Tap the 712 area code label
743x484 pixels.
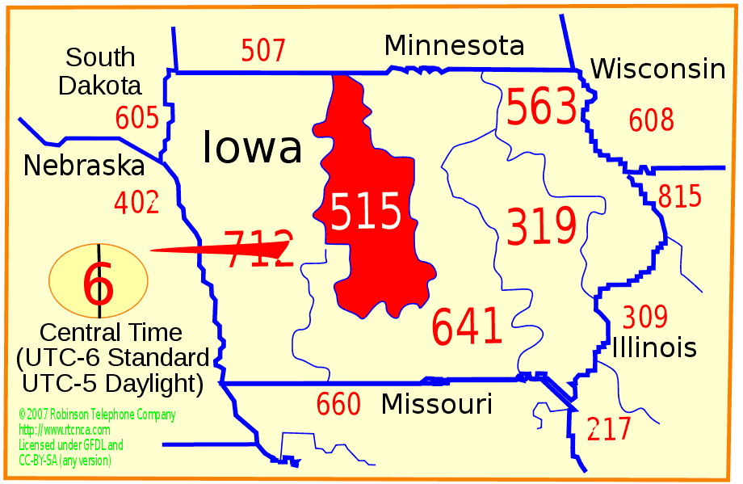pyautogui.click(x=258, y=247)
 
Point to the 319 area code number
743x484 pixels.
pyautogui.click(x=541, y=226)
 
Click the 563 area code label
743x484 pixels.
pyautogui.click(x=542, y=107)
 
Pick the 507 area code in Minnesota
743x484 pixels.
pyautogui.click(x=263, y=51)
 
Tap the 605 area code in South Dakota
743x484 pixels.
pyautogui.click(x=136, y=118)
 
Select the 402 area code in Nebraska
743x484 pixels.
pyautogui.click(x=136, y=202)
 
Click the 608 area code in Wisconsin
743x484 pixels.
pyautogui.click(x=651, y=120)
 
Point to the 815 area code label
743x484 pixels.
pyautogui.click(x=679, y=197)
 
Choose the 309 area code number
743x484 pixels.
pyautogui.click(x=644, y=316)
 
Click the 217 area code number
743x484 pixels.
pyautogui.click(x=609, y=429)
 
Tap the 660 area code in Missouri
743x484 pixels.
pyautogui.click(x=338, y=404)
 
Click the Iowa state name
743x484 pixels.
pyautogui.click(x=252, y=148)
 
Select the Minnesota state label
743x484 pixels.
pyautogui.click(x=454, y=45)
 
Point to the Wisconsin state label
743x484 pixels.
pyautogui.click(x=657, y=69)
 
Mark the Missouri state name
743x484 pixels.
pyautogui.click(x=437, y=403)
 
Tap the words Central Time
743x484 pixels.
pyautogui.click(x=111, y=332)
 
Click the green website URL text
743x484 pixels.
pyautogui.click(x=64, y=430)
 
